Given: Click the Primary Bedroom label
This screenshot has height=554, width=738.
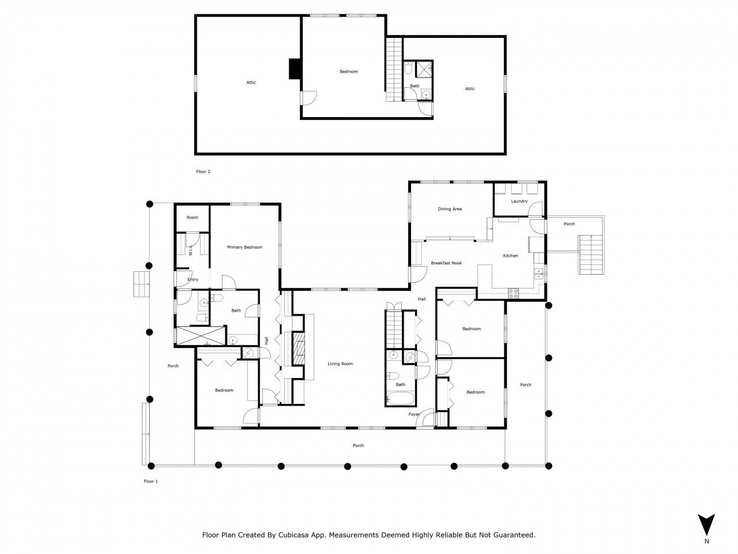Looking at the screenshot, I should click(244, 247).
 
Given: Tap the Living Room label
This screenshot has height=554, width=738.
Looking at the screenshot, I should click(340, 364).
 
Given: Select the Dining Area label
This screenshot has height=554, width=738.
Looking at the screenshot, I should click(450, 209).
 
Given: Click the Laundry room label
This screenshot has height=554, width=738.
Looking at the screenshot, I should click(519, 201).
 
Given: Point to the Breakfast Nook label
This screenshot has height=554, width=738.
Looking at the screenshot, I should click(446, 263).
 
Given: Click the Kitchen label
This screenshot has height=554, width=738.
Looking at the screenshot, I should click(510, 256).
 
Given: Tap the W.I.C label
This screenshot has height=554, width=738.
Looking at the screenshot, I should click(191, 250).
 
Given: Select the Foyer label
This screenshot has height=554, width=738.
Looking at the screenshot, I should click(414, 414).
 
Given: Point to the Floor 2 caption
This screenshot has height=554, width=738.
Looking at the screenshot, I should click(204, 171).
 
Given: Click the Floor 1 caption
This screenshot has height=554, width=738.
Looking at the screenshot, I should click(150, 481).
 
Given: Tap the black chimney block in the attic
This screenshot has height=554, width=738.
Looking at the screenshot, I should click(295, 69).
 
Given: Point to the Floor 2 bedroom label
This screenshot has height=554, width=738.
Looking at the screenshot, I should click(348, 72).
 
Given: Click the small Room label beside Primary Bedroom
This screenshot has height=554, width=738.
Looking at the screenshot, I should click(192, 218).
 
